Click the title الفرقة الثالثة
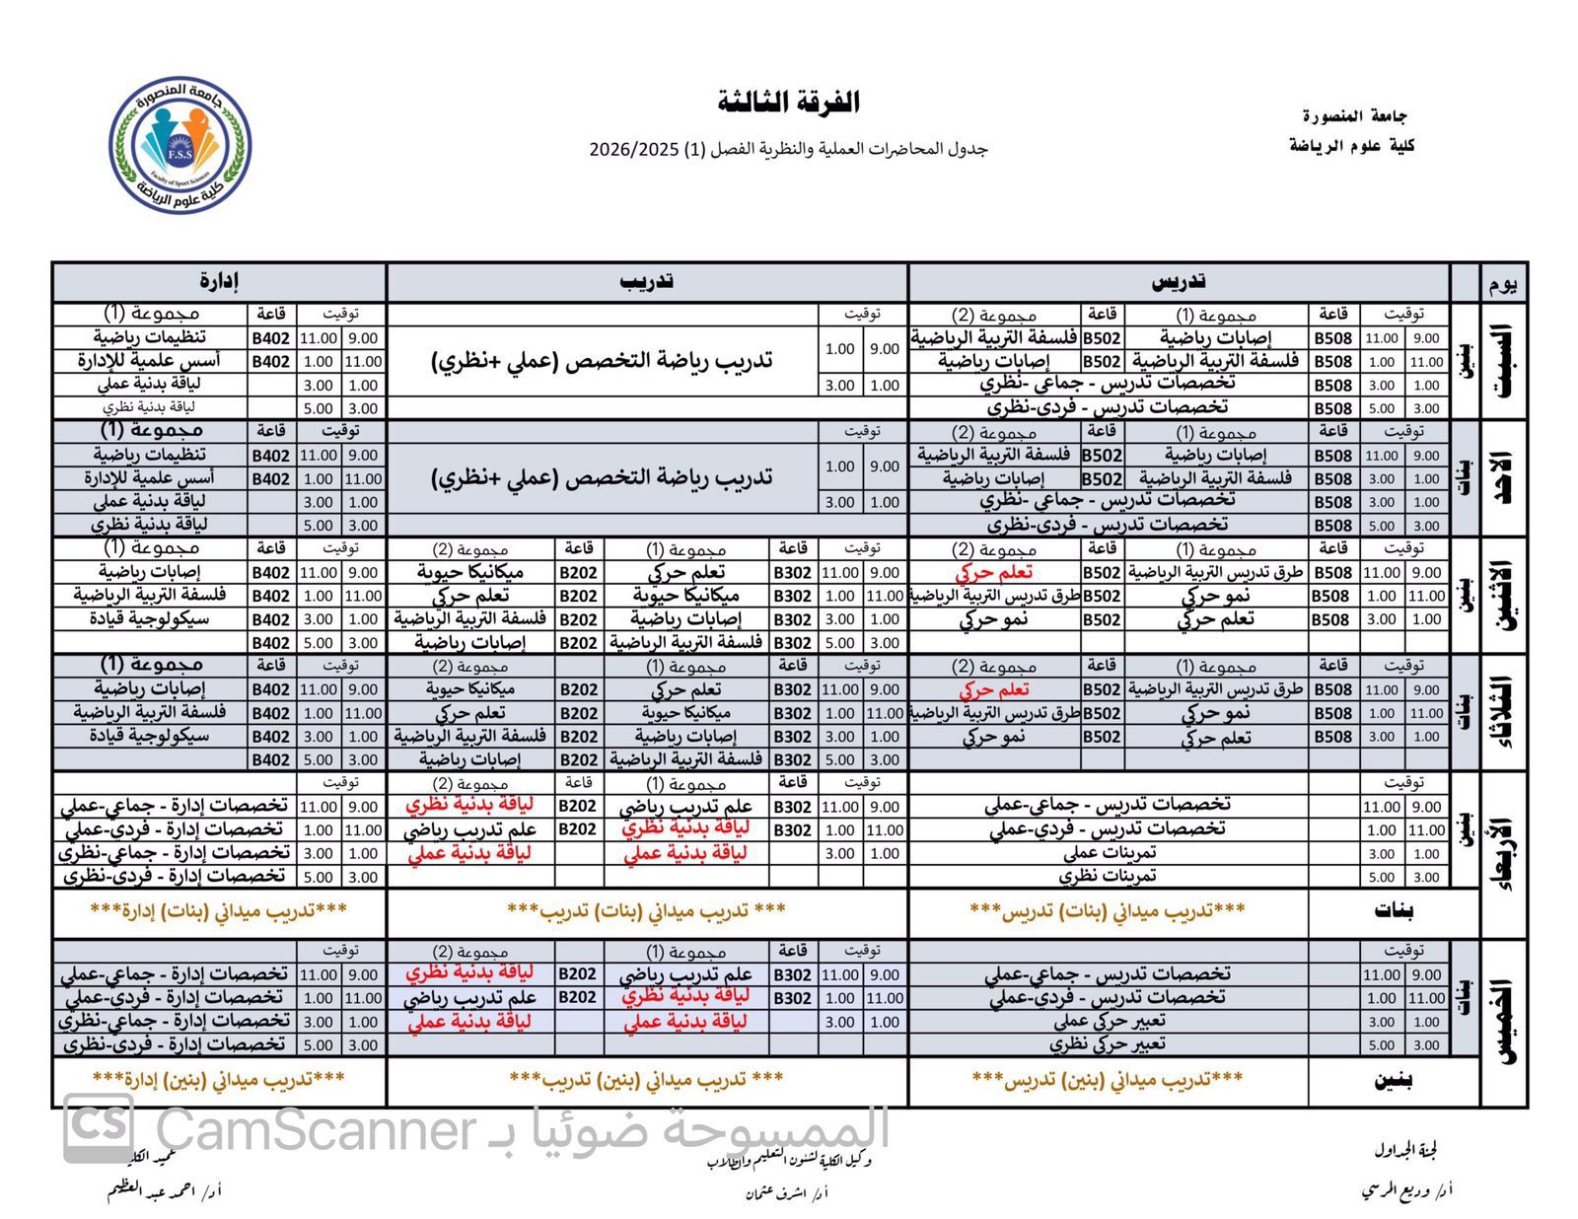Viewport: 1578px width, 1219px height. (789, 102)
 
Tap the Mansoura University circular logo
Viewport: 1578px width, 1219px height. (179, 146)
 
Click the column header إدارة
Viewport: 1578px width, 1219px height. (219, 282)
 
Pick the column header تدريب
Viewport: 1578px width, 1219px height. (647, 282)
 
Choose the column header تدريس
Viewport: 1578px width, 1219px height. (1179, 282)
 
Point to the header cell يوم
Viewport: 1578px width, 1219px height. (1504, 284)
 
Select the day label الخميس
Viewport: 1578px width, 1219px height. (1505, 1022)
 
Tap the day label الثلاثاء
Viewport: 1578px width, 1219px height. (1505, 713)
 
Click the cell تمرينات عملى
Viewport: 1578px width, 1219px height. (1109, 853)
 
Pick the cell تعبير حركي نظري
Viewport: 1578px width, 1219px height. (1107, 1044)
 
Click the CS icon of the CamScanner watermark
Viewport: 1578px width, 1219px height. (99, 1128)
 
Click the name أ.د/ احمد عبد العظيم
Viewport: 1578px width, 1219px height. (165, 1190)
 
